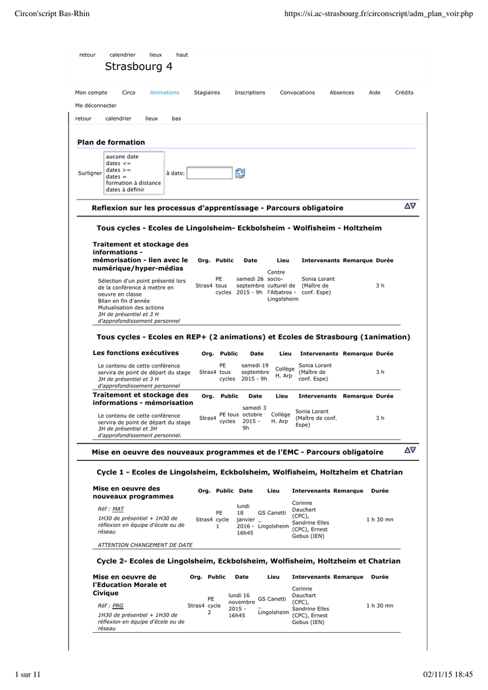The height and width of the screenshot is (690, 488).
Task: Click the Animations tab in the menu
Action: pyautogui.click(x=164, y=93)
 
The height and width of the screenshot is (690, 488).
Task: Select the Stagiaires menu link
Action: pyautogui.click(x=207, y=93)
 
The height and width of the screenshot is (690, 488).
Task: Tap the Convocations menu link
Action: pyautogui.click(x=297, y=93)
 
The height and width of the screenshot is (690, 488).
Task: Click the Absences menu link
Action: pyautogui.click(x=342, y=93)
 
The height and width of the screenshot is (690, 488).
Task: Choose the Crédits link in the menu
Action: pyautogui.click(x=404, y=93)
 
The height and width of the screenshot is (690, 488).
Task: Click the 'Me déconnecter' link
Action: pyautogui.click(x=96, y=106)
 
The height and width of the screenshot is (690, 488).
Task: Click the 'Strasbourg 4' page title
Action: pyautogui.click(x=138, y=67)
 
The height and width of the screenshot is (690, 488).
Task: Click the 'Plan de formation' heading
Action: pyautogui.click(x=111, y=142)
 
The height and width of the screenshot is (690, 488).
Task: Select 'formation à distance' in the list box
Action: pyautogui.click(x=133, y=183)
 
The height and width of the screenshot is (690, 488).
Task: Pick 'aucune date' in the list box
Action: pyautogui.click(x=122, y=157)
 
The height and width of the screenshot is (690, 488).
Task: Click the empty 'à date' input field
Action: pyautogui.click(x=209, y=173)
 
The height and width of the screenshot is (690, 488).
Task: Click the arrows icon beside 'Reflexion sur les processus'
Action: pyautogui.click(x=410, y=206)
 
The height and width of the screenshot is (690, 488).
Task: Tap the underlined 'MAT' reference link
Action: pyautogui.click(x=118, y=509)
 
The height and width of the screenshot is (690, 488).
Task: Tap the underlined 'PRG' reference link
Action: pyautogui.click(x=118, y=606)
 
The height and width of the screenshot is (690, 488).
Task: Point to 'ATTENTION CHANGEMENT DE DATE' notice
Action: pyautogui.click(x=145, y=544)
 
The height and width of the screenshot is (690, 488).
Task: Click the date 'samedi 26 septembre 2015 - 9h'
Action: pyautogui.click(x=250, y=286)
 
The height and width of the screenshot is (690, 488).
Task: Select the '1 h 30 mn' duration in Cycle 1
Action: pyautogui.click(x=379, y=520)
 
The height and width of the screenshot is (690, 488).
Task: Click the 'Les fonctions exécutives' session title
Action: pyautogui.click(x=135, y=352)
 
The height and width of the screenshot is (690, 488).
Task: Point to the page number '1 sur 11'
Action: pyautogui.click(x=28, y=675)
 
